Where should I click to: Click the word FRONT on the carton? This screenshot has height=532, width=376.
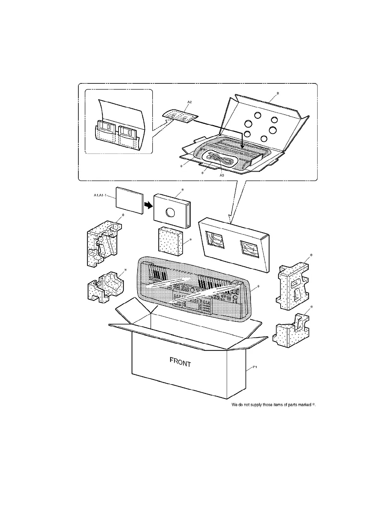(180, 362)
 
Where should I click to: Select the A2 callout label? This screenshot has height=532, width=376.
(190, 102)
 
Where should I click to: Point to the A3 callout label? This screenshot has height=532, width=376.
(222, 175)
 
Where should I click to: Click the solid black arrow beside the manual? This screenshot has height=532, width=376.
(148, 206)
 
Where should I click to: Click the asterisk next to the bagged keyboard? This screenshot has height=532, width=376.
(258, 287)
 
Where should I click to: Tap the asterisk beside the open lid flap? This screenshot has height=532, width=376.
(278, 93)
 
